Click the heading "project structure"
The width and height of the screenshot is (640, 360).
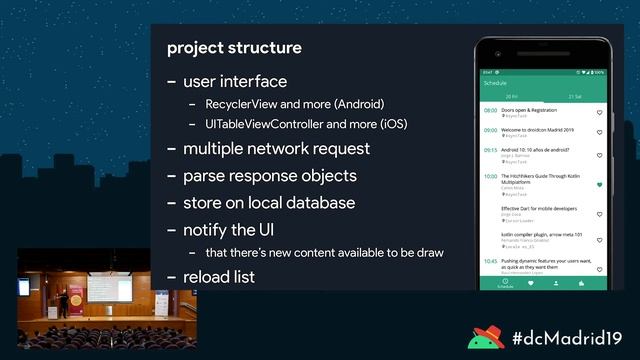click(234, 48)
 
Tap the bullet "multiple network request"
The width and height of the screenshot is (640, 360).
click(276, 149)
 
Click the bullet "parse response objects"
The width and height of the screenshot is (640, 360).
click(270, 176)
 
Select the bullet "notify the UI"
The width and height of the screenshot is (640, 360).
click(236, 230)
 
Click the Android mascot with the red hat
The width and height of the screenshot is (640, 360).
click(487, 338)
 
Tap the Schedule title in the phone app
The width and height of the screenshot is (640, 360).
click(495, 83)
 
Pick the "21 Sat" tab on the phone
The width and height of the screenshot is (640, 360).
click(575, 96)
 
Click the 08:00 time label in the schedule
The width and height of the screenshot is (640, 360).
click(490, 110)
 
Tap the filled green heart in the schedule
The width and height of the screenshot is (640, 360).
click(599, 185)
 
